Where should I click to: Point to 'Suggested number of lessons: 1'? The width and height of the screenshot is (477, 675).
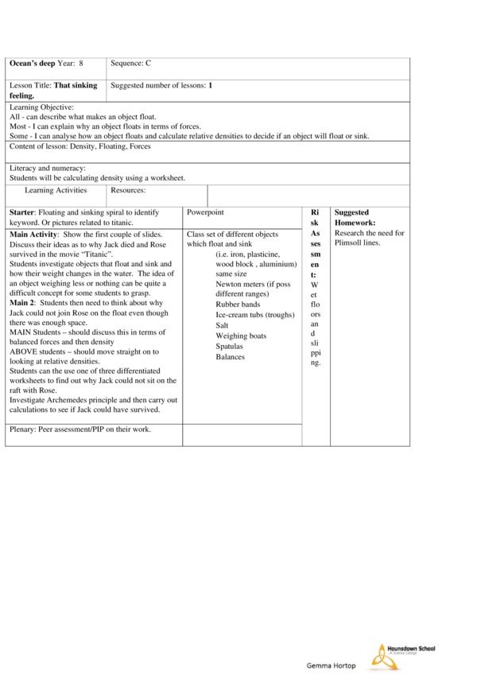[161, 84]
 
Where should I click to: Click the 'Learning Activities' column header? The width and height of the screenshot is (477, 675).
[56, 190]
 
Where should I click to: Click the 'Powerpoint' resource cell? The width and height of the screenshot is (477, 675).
[205, 213]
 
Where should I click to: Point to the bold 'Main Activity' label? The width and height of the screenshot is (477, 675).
[33, 234]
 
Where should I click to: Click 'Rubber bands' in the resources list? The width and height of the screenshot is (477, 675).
[238, 305]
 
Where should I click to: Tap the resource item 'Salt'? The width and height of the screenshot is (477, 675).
[223, 325]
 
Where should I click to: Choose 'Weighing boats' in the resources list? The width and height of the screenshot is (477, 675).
[241, 336]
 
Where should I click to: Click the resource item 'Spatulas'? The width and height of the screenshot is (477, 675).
[231, 346]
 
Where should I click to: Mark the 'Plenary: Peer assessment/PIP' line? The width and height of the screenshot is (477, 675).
[80, 429]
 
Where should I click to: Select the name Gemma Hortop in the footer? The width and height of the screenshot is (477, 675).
[331, 665]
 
